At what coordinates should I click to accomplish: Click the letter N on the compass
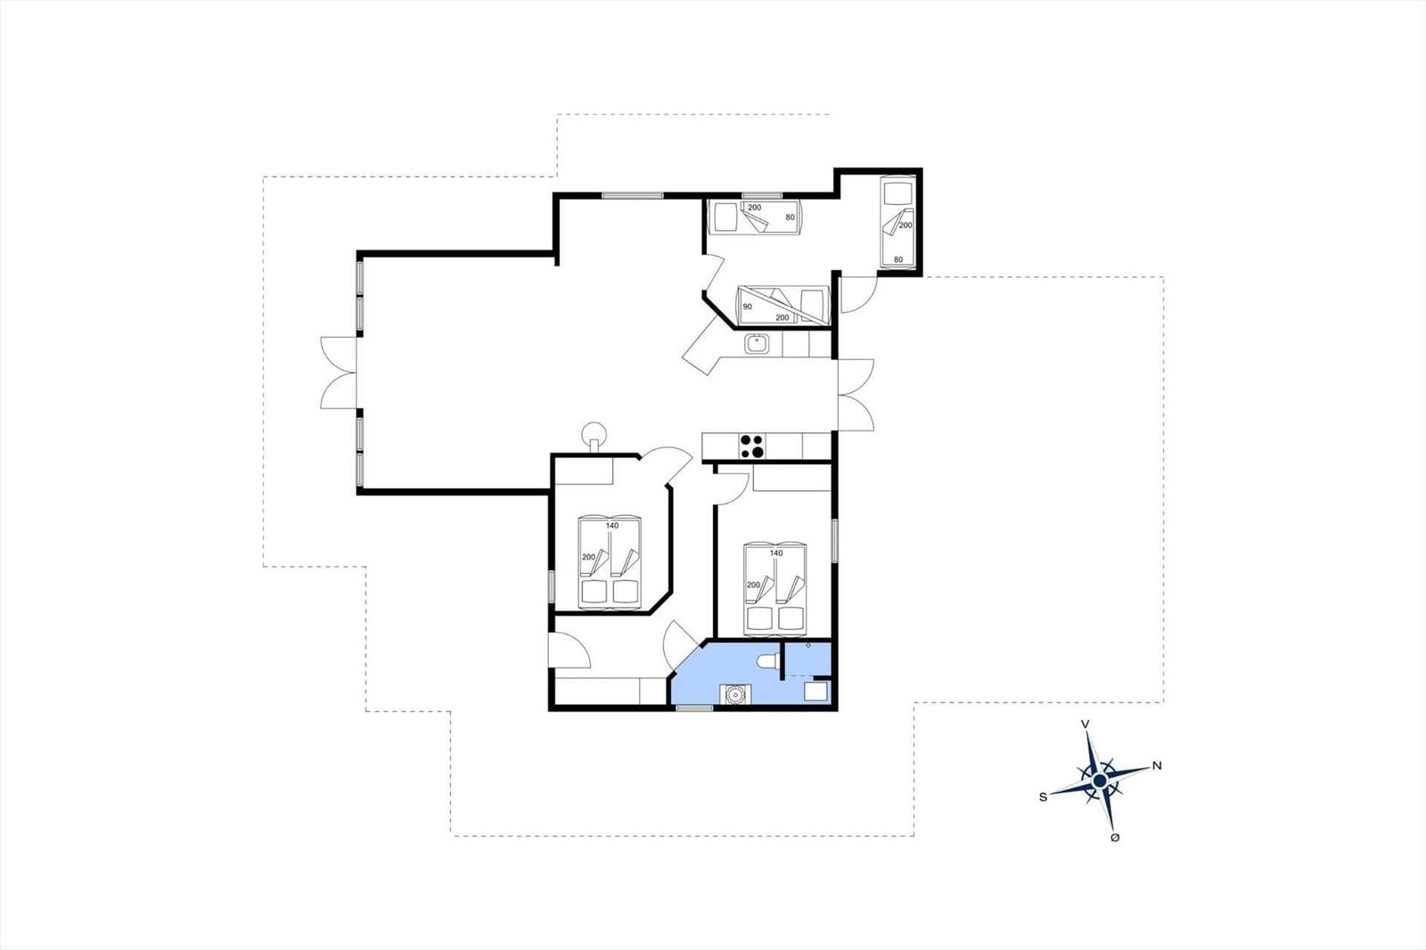coord(1157,766)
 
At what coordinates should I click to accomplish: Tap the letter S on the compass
coord(1043,798)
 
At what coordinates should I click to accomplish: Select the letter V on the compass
coord(1086,724)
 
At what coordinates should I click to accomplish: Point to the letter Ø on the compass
coord(1115,838)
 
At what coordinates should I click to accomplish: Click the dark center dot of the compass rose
coord(1100,781)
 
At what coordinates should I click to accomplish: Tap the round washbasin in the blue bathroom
coord(736,694)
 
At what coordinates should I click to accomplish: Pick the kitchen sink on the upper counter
coord(757,344)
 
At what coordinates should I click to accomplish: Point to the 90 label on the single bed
coord(748,307)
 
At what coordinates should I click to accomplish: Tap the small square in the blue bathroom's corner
coord(815,692)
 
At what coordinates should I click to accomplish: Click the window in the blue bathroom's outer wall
coord(694,708)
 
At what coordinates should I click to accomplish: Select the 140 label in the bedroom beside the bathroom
coord(776,553)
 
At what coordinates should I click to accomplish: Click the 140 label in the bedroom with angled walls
coord(611,525)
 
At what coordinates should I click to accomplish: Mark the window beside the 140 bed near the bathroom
coord(834,541)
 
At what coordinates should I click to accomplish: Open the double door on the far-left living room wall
coord(340,373)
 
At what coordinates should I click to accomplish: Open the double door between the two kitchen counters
coord(856,395)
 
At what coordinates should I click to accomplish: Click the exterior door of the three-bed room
coord(859,293)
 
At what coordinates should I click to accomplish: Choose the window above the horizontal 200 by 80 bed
coord(762,195)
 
